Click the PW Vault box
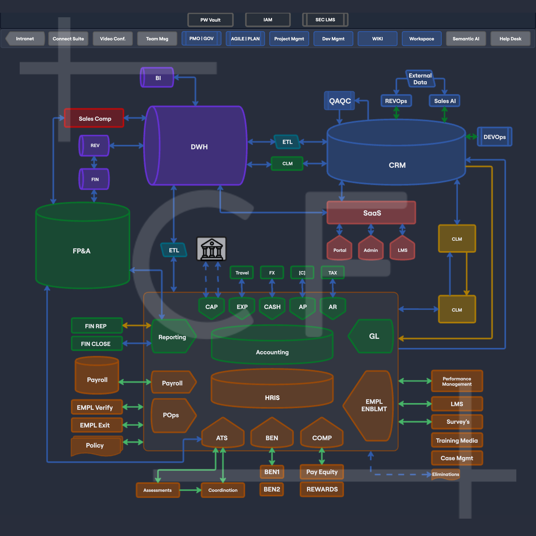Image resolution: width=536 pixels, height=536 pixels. click(x=210, y=20)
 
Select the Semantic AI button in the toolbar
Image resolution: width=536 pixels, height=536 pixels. click(x=466, y=39)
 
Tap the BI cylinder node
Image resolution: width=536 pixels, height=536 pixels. click(x=157, y=78)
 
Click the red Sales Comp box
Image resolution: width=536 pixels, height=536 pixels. click(x=94, y=119)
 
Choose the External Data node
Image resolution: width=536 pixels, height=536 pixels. click(x=420, y=79)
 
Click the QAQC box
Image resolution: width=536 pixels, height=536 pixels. click(x=340, y=101)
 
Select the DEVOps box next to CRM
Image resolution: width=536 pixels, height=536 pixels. click(x=494, y=137)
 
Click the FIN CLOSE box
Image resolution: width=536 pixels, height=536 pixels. click(x=96, y=344)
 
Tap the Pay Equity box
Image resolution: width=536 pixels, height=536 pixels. click(x=322, y=472)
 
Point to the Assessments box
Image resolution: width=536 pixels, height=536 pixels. click(x=158, y=490)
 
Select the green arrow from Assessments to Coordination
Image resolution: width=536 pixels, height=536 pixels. click(x=190, y=490)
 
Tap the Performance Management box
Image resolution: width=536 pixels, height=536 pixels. click(x=457, y=381)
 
